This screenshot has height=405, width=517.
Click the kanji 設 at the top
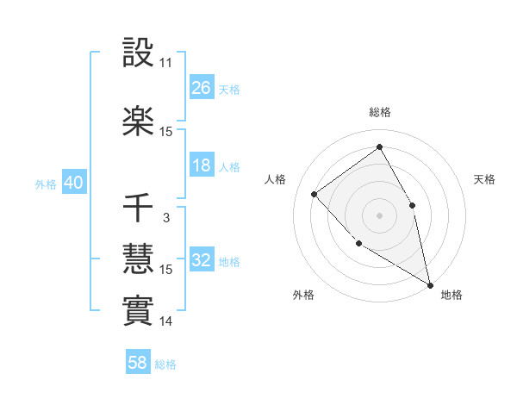coord(139,53)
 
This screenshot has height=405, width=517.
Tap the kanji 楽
coord(139,120)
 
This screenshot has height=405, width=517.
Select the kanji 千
coord(139,209)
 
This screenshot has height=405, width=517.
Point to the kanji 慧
coord(139,258)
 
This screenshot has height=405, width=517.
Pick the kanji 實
coord(139,310)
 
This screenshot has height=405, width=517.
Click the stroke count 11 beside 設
coord(166,64)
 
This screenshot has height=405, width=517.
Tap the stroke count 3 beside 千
coord(166,218)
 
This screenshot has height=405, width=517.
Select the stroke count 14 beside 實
coord(166,321)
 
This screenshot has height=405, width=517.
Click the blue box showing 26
coord(202,88)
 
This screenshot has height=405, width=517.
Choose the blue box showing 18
coord(202,165)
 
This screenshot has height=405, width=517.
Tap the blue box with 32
coord(202,260)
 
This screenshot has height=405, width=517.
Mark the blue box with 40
coord(73,183)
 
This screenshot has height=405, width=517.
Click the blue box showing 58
coord(138,364)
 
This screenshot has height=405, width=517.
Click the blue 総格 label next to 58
coord(165,364)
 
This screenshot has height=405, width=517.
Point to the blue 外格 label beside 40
coord(46,184)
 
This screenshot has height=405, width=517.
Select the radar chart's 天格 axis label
coord(485,179)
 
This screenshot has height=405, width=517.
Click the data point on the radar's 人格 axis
coord(315,194)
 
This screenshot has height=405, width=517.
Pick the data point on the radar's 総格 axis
coord(379,146)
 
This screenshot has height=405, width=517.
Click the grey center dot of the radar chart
coord(379,214)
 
